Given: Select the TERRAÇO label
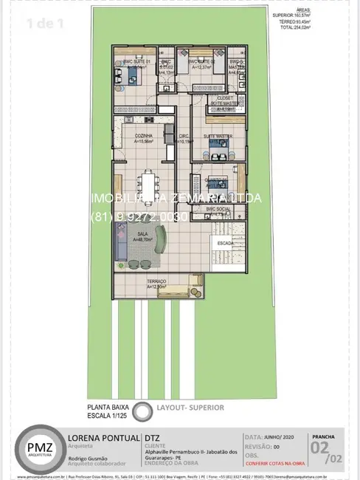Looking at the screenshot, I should click(x=156, y=282).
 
